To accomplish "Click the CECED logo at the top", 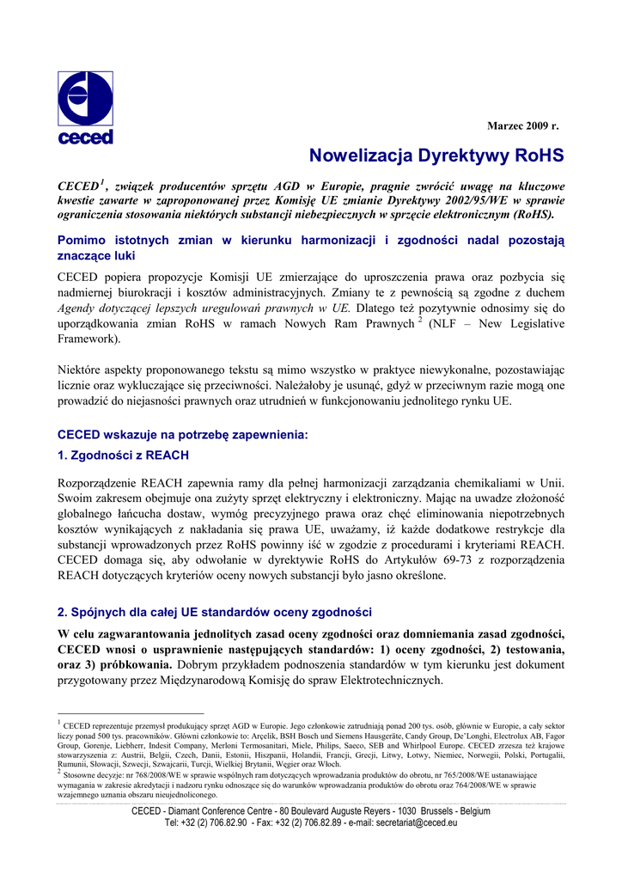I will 85,107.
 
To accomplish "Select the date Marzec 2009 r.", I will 523,126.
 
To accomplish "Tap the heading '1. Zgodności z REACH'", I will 123,455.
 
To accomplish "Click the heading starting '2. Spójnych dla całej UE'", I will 214,612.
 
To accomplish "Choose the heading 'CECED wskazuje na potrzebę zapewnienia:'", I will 181,435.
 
